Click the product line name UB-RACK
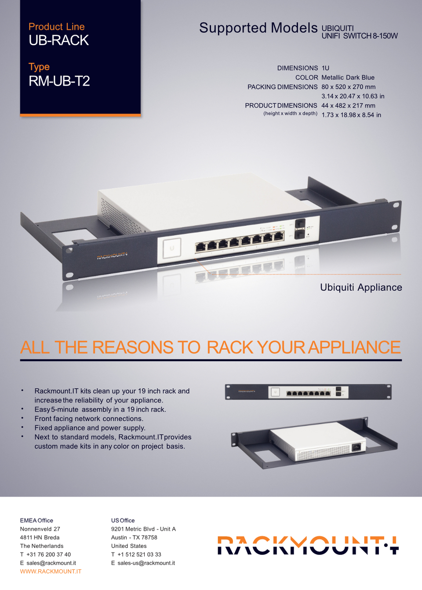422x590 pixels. pyautogui.click(x=58, y=40)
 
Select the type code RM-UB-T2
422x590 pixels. pyautogui.click(x=59, y=81)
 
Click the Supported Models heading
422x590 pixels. pyautogui.click(x=258, y=28)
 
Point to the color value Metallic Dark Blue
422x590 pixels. pyautogui.click(x=348, y=78)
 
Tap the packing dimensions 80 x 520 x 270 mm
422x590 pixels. pyautogui.click(x=348, y=87)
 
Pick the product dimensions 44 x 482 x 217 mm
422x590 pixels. pyautogui.click(x=348, y=106)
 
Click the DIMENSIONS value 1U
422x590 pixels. pyautogui.click(x=325, y=68)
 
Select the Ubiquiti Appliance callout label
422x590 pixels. pyautogui.click(x=361, y=288)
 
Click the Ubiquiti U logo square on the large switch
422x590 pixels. pyautogui.click(x=172, y=248)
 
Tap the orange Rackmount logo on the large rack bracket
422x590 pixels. pyautogui.click(x=112, y=255)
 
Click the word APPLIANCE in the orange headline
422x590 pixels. pyautogui.click(x=354, y=347)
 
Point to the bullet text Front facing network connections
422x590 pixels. pyautogui.click(x=89, y=419)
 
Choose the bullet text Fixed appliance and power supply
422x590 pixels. pyautogui.click(x=90, y=428)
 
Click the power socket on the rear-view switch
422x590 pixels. pyautogui.click(x=356, y=447)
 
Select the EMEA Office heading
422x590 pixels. pyautogui.click(x=36, y=521)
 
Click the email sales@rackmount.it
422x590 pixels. pyautogui.click(x=51, y=563)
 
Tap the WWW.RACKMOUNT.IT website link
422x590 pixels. pyautogui.click(x=51, y=572)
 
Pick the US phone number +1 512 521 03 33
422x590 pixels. pyautogui.click(x=139, y=554)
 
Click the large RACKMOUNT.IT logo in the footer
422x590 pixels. pyautogui.click(x=308, y=545)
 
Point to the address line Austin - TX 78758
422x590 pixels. pyautogui.click(x=134, y=538)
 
